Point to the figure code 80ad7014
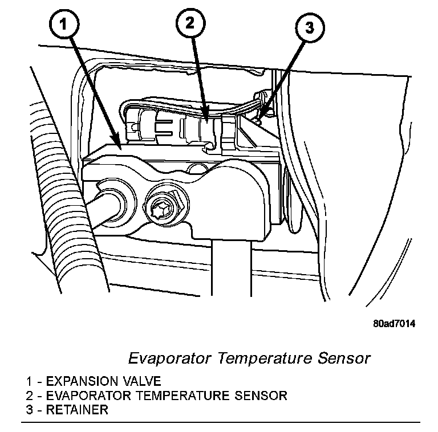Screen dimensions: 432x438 click(394, 324)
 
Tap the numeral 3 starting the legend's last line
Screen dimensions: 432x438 click(29, 409)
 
